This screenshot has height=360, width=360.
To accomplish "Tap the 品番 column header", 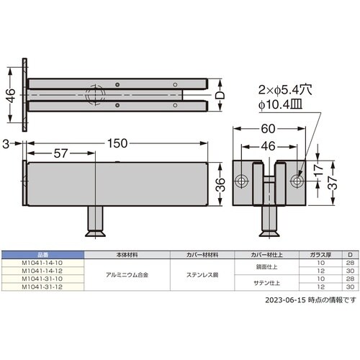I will [42, 255].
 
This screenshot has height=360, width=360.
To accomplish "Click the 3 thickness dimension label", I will [6, 143].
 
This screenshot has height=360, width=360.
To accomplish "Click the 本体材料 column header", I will [127, 255].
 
